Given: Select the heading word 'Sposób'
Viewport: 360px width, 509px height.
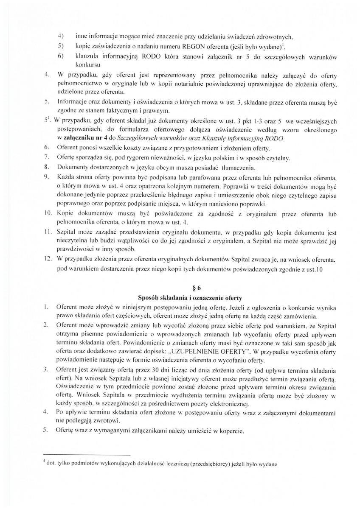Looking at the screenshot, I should pyautogui.click(x=149, y=298).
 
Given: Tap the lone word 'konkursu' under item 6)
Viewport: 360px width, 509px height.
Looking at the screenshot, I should pyautogui.click(x=88, y=64).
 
